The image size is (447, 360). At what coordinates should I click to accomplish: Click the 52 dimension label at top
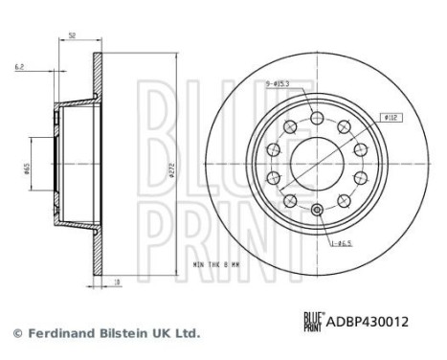click(73, 35)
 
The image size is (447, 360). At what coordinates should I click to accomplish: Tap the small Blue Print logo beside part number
click(314, 324)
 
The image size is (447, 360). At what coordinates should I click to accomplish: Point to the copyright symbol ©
click(16, 333)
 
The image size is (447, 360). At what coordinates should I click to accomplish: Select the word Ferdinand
click(56, 333)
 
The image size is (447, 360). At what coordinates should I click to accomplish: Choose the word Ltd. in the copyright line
click(188, 333)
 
